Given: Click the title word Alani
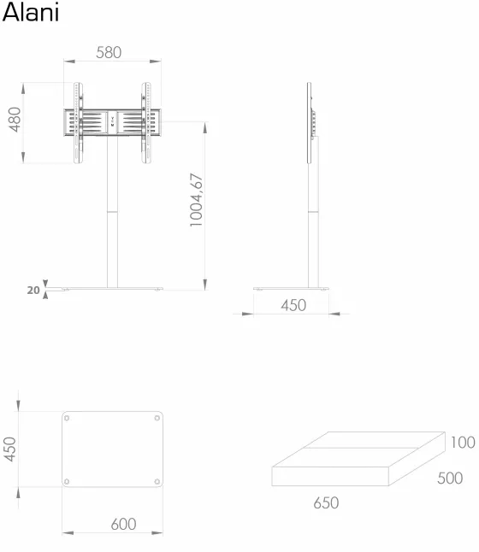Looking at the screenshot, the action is [30, 13].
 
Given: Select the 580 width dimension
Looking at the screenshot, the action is [109, 53].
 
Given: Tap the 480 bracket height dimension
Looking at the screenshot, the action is [15, 120].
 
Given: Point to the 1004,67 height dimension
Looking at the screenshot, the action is [197, 200].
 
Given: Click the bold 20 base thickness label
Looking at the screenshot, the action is [33, 290].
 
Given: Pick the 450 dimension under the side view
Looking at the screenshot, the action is [293, 305].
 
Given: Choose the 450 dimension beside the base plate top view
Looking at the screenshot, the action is [10, 449].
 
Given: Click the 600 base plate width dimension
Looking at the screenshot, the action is [123, 524].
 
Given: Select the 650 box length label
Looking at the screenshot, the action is [326, 502].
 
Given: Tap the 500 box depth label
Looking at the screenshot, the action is [450, 478].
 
